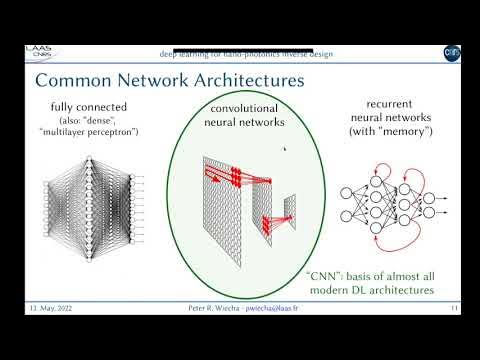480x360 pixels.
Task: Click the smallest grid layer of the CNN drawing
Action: click(x=289, y=208)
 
